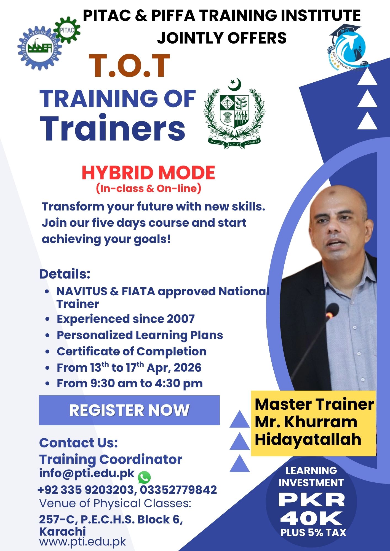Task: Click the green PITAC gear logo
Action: (67, 30)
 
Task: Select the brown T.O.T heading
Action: (129, 66)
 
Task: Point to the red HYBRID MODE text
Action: (148, 173)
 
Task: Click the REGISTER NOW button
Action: (129, 410)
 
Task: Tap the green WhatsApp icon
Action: (144, 477)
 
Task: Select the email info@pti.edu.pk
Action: (87, 473)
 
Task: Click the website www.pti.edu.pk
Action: (82, 542)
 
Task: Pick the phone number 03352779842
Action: (178, 490)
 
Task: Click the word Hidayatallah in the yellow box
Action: (308, 439)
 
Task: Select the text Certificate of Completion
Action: (132, 351)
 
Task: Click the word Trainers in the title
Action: (113, 128)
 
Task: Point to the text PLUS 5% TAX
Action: (313, 533)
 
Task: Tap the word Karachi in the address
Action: (62, 531)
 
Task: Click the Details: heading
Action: (65, 274)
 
